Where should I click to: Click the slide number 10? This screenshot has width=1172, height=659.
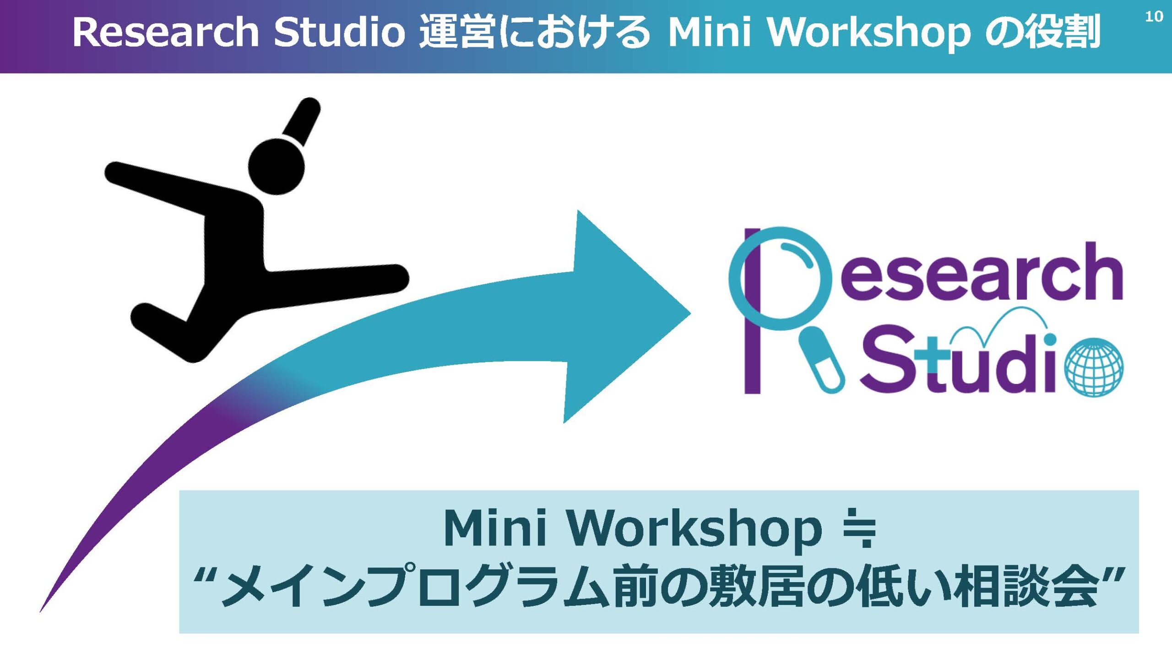pyautogui.click(x=1154, y=16)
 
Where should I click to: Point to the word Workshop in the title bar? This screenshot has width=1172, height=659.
pyautogui.click(x=869, y=33)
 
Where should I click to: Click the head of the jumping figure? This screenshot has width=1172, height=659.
pyautogui.click(x=276, y=167)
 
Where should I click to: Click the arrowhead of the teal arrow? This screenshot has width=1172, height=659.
pyautogui.click(x=627, y=316)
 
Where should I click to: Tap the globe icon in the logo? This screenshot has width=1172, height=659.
pyautogui.click(x=1094, y=367)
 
